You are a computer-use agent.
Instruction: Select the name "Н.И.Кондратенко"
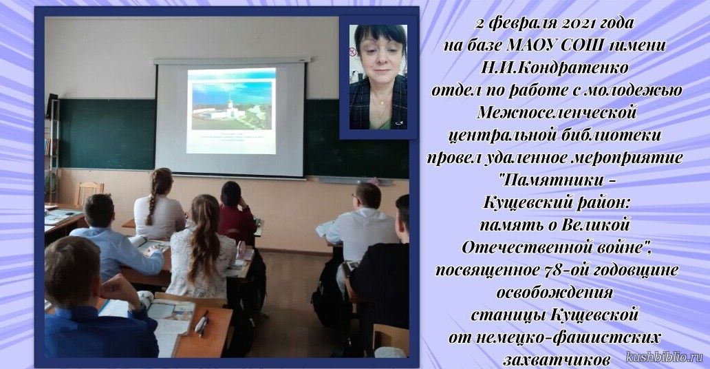coord(555,67)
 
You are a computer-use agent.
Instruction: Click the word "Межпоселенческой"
coord(557,112)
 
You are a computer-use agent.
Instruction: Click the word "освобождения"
coord(555,293)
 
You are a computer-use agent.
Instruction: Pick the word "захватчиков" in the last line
coord(556,359)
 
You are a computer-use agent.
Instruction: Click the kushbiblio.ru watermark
coord(665,357)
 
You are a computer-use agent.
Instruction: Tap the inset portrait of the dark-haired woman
coord(378,76)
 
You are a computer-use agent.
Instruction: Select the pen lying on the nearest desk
coord(202,323)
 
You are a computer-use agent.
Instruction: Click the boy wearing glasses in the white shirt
coord(363,226)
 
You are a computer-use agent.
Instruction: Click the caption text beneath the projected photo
coord(231,138)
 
